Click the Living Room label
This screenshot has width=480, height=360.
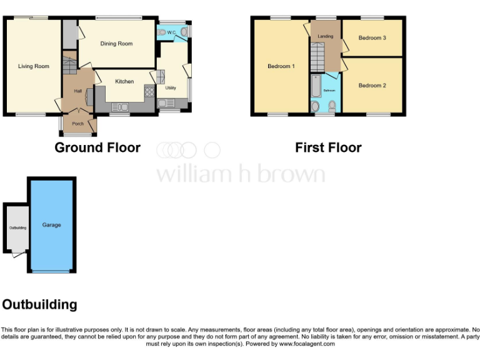tap(33, 66)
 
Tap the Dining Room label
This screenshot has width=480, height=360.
tap(117, 44)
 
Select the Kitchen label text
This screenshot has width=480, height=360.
tap(124, 81)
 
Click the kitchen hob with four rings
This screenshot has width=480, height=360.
tap(149, 91)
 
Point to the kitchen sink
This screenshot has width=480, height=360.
tap(119, 107)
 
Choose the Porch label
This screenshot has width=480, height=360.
tap(78, 124)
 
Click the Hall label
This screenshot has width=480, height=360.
tap(77, 91)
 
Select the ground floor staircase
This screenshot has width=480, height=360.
tap(69, 64)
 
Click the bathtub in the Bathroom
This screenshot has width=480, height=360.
tap(316, 87)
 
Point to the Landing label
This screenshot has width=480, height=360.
tap(325, 36)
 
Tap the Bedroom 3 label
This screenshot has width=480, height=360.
tap(372, 38)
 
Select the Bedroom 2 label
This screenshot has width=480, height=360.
tap(372, 86)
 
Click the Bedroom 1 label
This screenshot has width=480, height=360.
tap(281, 66)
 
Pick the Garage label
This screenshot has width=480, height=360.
tap(52, 225)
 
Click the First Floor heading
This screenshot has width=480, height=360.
tap(328, 148)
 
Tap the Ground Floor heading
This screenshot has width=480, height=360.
tap(97, 148)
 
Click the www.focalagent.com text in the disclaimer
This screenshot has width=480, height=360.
tap(307, 344)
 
